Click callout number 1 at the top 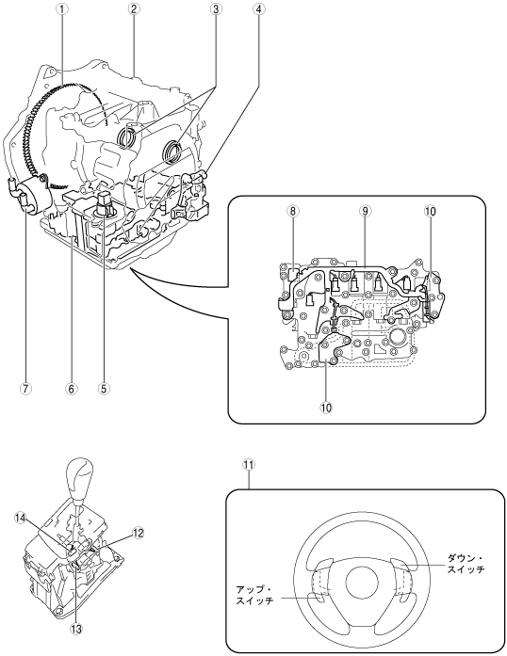62,9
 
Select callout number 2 133,9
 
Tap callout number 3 216,9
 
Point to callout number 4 258,9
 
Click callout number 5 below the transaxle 104,389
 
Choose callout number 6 72,389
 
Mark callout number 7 25,389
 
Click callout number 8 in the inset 293,211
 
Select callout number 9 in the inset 365,211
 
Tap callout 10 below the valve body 326,407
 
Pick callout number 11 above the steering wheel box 250,465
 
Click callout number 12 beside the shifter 139,533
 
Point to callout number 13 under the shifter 76,629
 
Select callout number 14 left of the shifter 20,518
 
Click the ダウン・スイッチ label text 466,563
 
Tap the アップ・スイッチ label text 254,595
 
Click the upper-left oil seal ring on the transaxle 127,137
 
